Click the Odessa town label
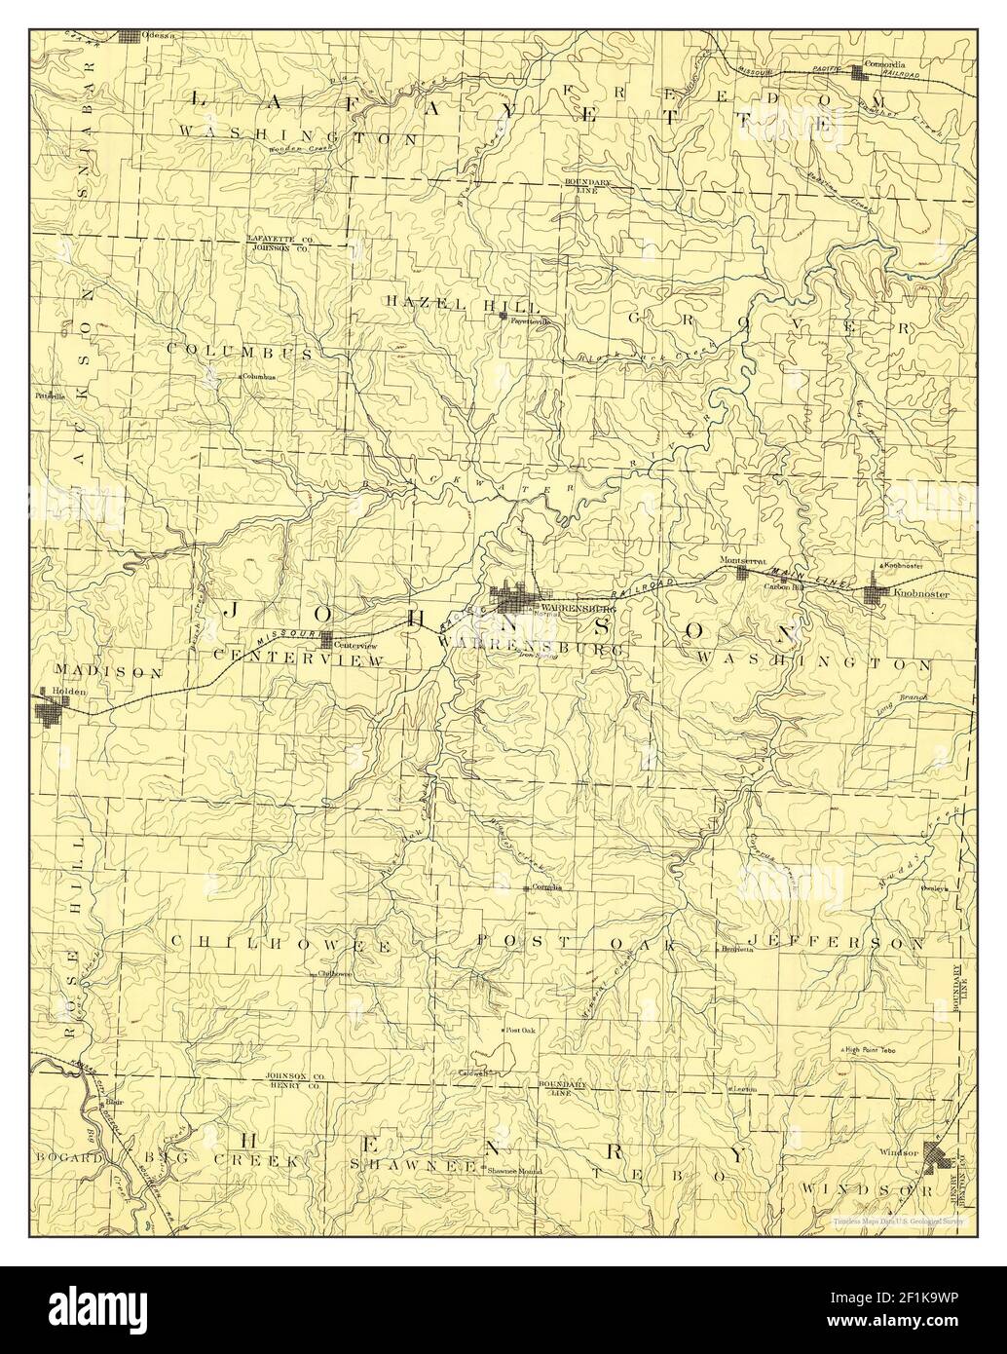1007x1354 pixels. tap(158, 35)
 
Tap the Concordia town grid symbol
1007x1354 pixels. tap(858, 71)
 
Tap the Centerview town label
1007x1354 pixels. tap(354, 645)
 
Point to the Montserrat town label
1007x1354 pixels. tap(738, 561)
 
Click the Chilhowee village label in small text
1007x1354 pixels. tap(334, 973)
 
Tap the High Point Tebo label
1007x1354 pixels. tap(875, 1049)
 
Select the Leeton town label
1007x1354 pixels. tap(745, 1088)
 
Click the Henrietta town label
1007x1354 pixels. tap(737, 947)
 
